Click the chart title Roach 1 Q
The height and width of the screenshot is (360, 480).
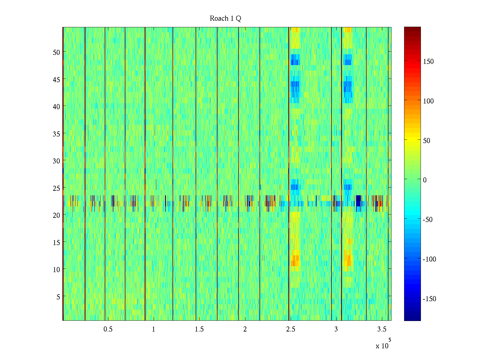pos(225,19)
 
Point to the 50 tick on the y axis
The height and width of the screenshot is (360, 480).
pos(56,52)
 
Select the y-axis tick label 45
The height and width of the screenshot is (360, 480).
pos(56,79)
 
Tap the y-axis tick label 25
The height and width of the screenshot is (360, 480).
pos(56,188)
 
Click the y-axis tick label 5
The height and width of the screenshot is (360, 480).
pos(58,297)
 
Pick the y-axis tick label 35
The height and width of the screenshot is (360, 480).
pos(56,134)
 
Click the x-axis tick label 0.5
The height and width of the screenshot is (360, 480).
pos(108,329)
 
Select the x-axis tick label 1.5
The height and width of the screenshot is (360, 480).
pos(199,329)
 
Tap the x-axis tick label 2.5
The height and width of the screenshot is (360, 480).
pos(290,329)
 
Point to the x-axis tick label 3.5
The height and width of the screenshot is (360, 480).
pos(382,329)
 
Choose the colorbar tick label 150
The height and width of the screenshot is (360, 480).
pos(428,61)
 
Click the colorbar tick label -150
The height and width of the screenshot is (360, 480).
pos(429,299)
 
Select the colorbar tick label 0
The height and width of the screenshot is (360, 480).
pos(425,180)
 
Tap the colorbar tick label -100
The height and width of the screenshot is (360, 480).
pos(429,259)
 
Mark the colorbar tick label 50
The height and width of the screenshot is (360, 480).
pos(427,141)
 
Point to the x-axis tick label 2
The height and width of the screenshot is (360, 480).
pos(245,329)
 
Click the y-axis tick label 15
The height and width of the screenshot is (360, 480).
pos(56,242)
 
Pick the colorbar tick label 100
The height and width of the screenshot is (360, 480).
pos(428,101)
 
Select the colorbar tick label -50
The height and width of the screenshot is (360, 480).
pos(428,220)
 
